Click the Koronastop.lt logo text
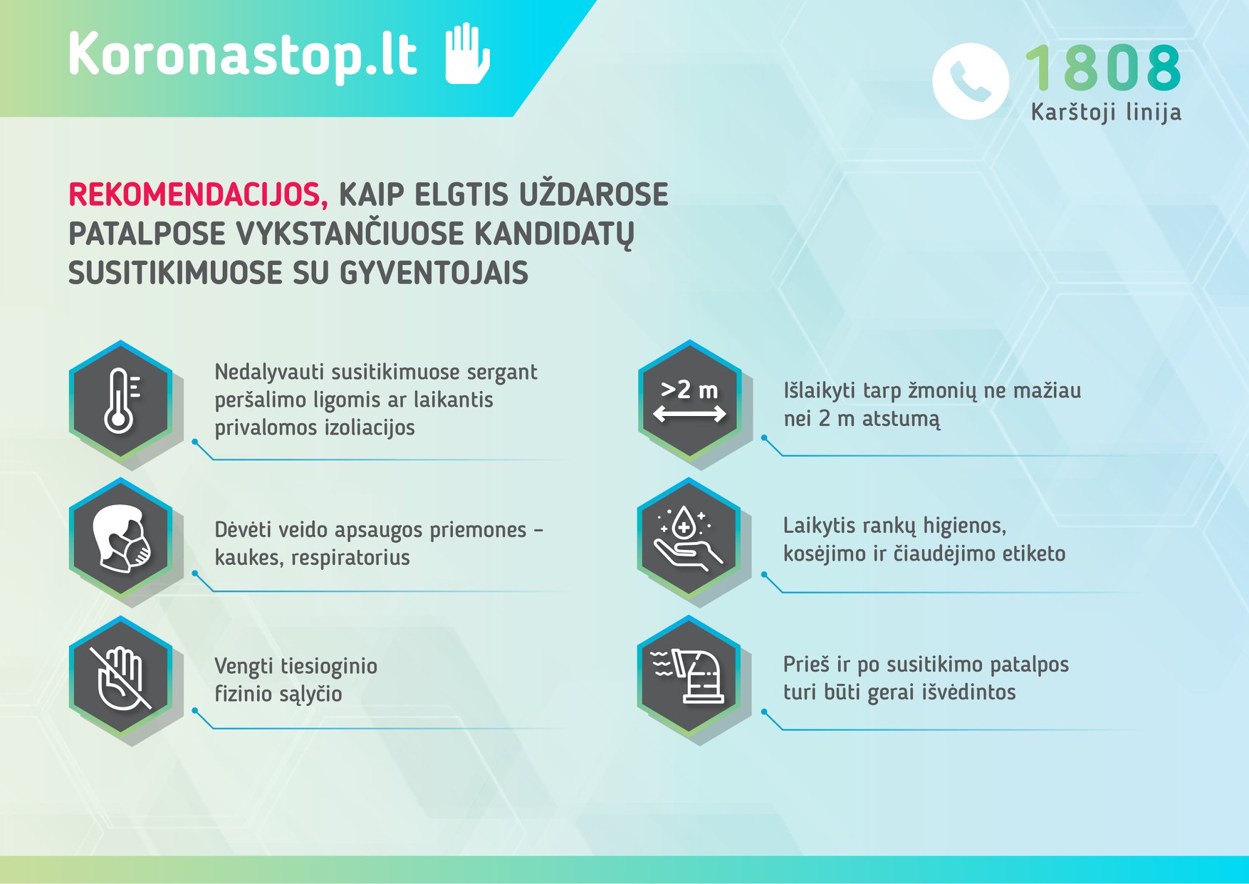[243, 54]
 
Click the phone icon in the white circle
[970, 81]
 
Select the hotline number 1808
[1103, 68]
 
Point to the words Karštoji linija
[1106, 112]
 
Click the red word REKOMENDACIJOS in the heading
[198, 194]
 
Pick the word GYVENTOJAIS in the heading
[434, 273]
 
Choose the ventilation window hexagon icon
[689, 676]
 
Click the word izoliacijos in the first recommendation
[370, 427]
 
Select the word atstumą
[901, 419]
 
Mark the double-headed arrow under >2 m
[689, 414]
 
